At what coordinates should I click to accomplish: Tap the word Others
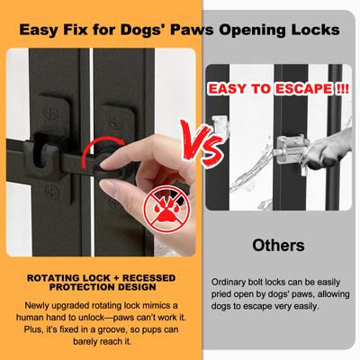point(278,245)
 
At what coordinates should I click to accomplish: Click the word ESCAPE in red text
point(303,89)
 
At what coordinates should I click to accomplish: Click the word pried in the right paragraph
point(221,294)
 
